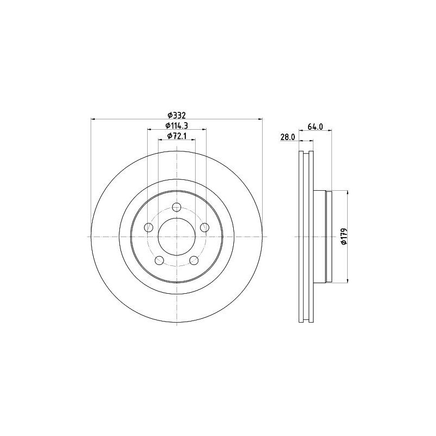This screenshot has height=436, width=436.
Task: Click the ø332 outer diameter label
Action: click(177, 115)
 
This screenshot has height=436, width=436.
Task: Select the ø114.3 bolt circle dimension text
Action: click(177, 126)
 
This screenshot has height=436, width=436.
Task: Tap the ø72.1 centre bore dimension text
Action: click(177, 136)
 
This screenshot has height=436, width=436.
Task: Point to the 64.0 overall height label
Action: click(315, 126)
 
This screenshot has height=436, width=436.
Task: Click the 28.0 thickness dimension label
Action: click(288, 137)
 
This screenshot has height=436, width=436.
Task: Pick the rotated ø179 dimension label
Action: click(344, 237)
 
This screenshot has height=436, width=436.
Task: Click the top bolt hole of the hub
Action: click(177, 207)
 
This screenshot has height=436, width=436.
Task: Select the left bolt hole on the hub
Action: click(148, 227)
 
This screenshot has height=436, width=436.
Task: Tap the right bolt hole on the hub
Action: click(205, 227)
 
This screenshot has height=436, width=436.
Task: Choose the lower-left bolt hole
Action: click(159, 261)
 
